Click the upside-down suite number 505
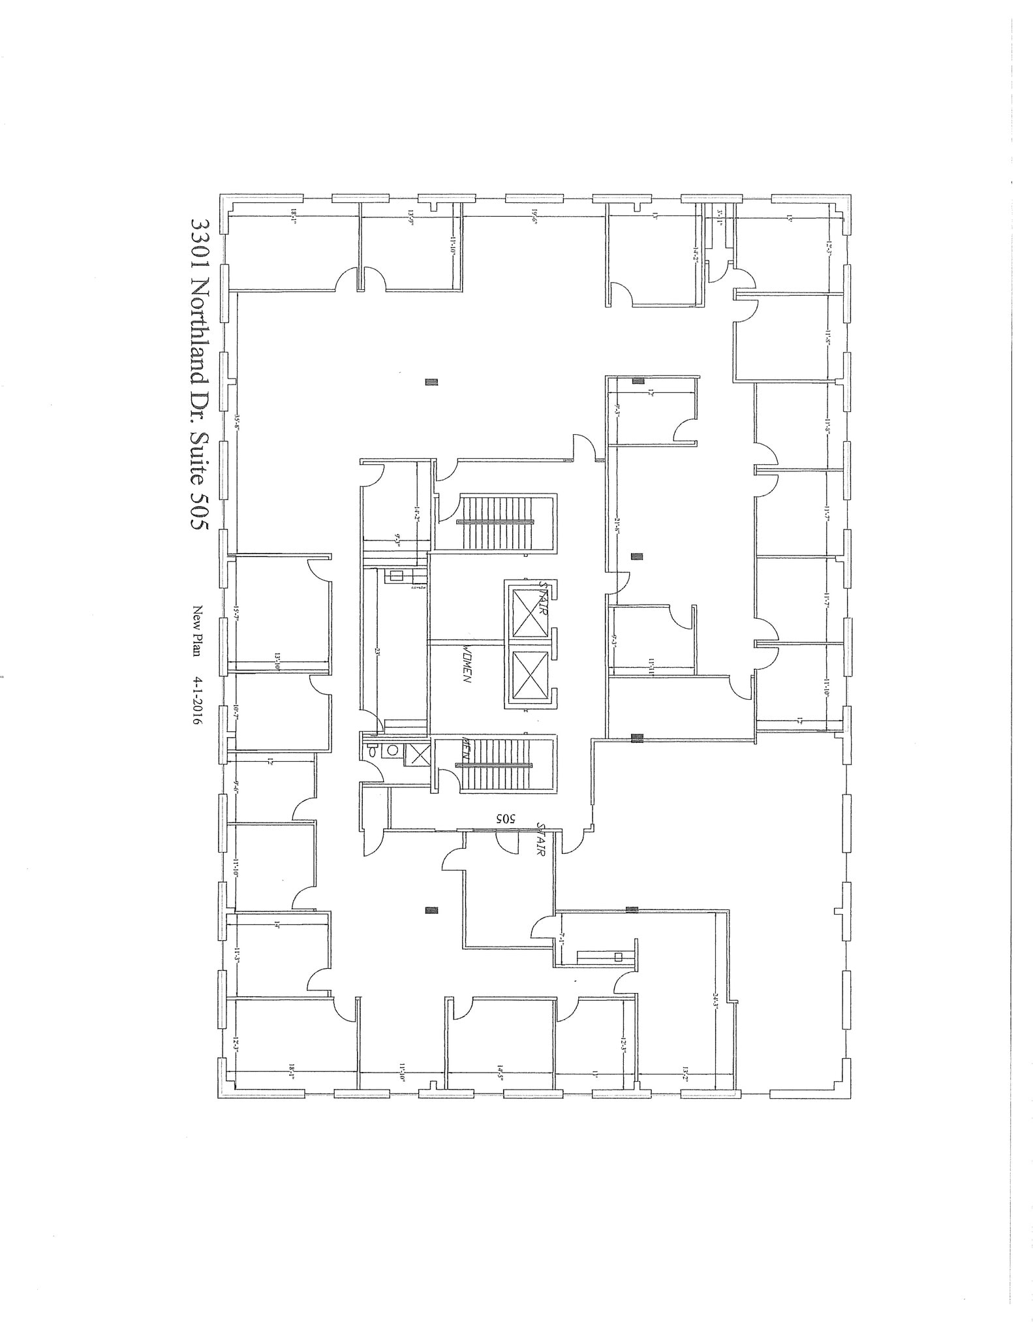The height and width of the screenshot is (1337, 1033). tap(506, 818)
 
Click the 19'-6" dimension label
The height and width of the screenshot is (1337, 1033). tap(533, 217)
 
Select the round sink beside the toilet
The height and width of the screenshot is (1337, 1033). tap(393, 750)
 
